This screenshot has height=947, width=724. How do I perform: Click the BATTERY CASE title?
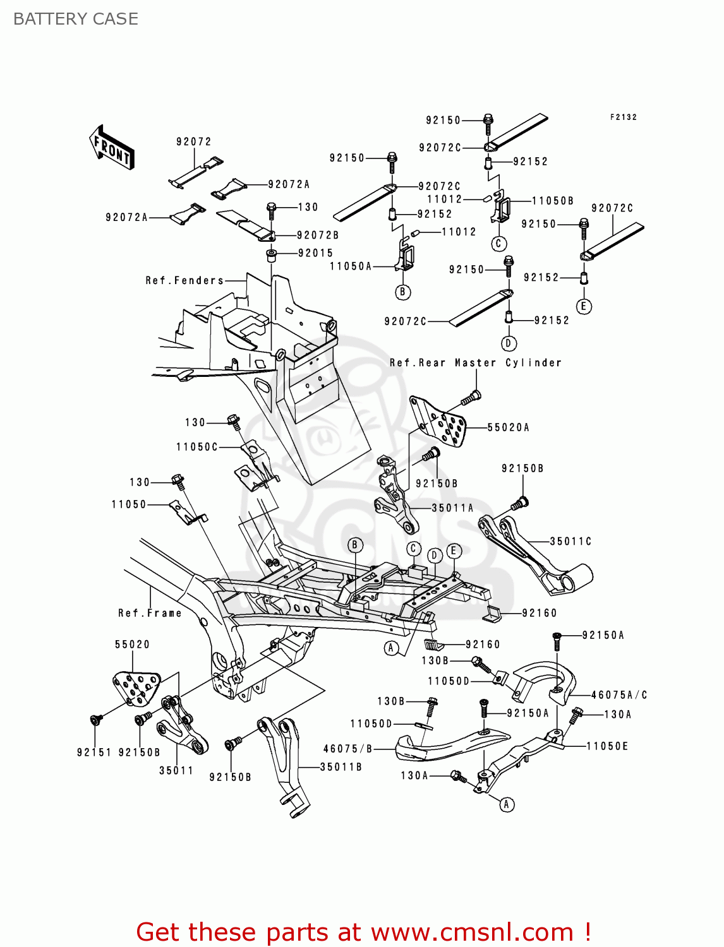coord(76,19)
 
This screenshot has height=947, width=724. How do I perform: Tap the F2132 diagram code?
coord(623,117)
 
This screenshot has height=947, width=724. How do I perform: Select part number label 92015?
coord(315,253)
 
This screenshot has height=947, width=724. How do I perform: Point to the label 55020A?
coord(508,427)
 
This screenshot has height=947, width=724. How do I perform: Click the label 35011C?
coord(570,541)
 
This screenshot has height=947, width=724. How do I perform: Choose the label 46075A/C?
coord(619,695)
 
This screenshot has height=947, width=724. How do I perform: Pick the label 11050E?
coord(607,746)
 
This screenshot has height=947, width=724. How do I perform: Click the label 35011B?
coord(341,767)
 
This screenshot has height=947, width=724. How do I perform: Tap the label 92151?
coord(94,753)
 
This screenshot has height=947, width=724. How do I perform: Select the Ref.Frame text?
coord(150,613)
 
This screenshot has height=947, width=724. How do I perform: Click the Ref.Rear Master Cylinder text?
coord(475,363)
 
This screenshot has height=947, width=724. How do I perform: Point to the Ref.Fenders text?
coord(184,280)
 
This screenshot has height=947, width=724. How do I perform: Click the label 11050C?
coord(197,447)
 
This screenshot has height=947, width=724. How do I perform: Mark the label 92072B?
coord(318,235)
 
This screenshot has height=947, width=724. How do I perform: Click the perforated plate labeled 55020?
coord(136,687)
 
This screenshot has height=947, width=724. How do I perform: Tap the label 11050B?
coord(553,201)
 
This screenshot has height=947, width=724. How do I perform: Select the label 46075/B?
coord(348,749)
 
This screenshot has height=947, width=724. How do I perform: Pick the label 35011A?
coord(452,508)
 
